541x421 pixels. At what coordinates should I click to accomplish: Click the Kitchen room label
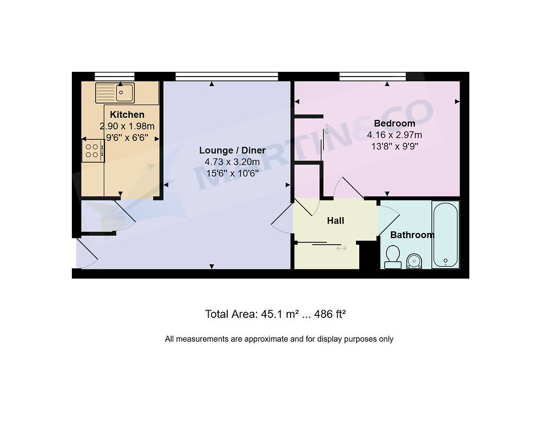(x=127, y=115)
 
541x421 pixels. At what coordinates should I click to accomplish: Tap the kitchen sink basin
(x=124, y=93)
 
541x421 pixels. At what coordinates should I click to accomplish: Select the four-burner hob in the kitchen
(x=93, y=151)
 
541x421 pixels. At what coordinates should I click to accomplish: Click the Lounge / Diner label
(x=232, y=151)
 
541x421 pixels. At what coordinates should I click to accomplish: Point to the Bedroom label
(x=394, y=123)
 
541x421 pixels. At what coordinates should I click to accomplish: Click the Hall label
(x=335, y=220)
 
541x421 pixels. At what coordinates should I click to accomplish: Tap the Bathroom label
(x=412, y=235)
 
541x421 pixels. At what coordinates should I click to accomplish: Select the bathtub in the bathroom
(x=445, y=235)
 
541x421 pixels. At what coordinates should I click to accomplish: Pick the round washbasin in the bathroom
(x=414, y=261)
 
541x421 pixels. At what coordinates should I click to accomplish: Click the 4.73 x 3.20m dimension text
(x=232, y=162)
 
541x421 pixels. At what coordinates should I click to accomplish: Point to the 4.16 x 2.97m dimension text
(x=394, y=135)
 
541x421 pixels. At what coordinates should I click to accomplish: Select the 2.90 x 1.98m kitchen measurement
(x=127, y=126)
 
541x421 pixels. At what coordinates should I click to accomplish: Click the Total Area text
(x=275, y=314)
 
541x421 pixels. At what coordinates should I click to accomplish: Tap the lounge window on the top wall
(x=227, y=76)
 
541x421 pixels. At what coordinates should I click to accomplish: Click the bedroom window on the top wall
(x=372, y=76)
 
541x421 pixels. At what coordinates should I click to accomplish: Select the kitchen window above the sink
(x=115, y=76)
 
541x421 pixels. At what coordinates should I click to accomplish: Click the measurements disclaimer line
(x=279, y=339)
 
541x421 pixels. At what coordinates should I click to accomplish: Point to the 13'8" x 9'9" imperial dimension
(x=394, y=146)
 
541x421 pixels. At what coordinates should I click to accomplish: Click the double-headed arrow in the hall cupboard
(x=341, y=248)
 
